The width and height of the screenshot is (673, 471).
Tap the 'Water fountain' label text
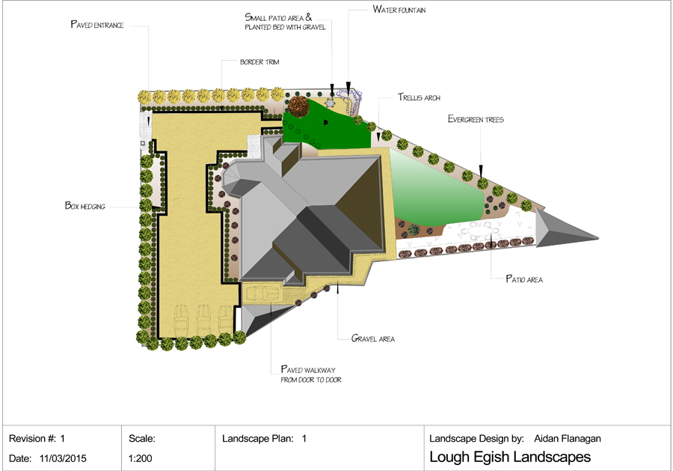pos(401,10)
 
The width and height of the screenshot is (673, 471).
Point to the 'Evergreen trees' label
pos(476,119)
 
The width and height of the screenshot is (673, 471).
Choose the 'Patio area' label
pos(523,279)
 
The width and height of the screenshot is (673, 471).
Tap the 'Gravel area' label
pos(372,338)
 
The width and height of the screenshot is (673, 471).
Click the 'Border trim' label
pos(259,62)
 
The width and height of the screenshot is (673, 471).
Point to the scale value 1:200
pos(141,458)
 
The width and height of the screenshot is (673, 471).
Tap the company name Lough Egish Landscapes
pos(510,457)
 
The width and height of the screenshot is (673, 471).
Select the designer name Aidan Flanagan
pos(568,439)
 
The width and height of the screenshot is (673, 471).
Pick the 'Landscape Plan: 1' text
pos(265,439)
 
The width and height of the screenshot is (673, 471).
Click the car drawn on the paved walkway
pos(262,294)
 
